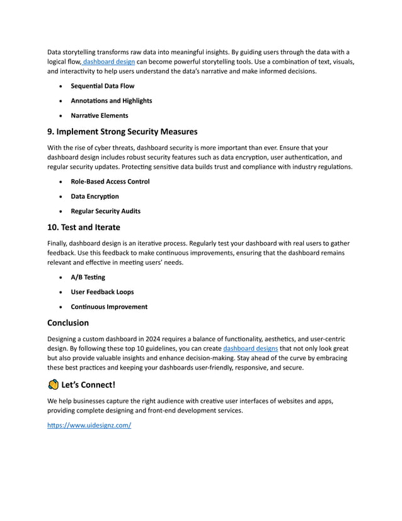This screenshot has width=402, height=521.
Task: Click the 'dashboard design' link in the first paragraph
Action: pyautogui.click(x=108, y=62)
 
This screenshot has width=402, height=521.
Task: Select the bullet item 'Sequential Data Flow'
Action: pyautogui.click(x=102, y=86)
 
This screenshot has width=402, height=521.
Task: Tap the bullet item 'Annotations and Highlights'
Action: pyautogui.click(x=111, y=101)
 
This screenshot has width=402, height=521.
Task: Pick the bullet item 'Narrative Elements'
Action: pyautogui.click(x=99, y=115)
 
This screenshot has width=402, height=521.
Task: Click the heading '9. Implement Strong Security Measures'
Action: pyautogui.click(x=122, y=132)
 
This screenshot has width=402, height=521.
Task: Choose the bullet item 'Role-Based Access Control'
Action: pyautogui.click(x=110, y=182)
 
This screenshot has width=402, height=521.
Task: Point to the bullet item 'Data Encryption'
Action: pyautogui.click(x=95, y=196)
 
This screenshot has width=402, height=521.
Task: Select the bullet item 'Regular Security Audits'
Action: pyautogui.click(x=105, y=211)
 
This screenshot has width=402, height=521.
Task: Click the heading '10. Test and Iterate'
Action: pyautogui.click(x=83, y=227)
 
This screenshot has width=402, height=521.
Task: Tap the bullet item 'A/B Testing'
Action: pyautogui.click(x=88, y=277)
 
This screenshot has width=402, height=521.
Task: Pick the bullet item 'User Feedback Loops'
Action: pyautogui.click(x=101, y=292)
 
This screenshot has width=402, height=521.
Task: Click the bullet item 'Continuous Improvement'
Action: pyautogui.click(x=108, y=307)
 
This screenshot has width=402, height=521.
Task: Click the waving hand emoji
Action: pyautogui.click(x=54, y=385)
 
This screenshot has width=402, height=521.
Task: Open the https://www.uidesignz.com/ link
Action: pyautogui.click(x=89, y=426)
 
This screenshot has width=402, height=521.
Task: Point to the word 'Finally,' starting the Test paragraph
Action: pyautogui.click(x=60, y=243)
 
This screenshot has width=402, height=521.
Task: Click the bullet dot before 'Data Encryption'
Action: pyautogui.click(x=60, y=197)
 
